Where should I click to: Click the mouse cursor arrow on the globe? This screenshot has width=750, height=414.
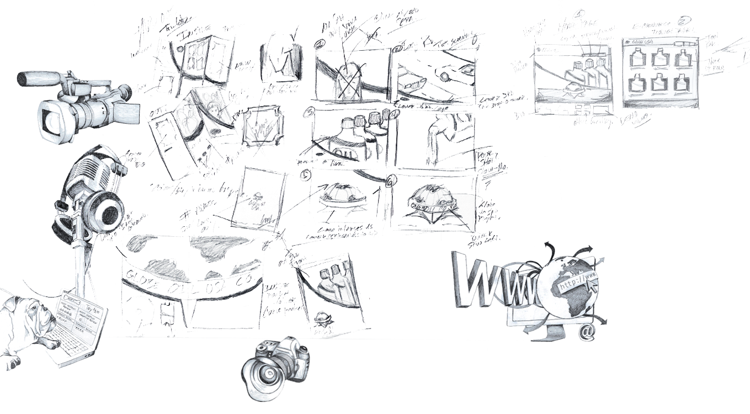(592, 284)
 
